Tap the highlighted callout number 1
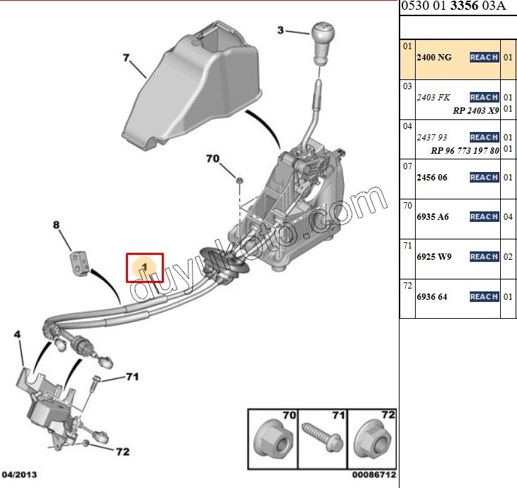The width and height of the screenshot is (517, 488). (144, 268)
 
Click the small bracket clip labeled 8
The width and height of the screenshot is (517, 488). (79, 261)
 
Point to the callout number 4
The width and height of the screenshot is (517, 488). (18, 336)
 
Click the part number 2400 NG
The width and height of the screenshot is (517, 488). (435, 57)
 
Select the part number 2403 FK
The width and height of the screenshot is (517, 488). (434, 97)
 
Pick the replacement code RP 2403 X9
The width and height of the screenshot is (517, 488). (475, 110)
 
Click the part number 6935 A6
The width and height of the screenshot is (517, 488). (433, 217)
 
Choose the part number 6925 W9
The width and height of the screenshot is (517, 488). (435, 257)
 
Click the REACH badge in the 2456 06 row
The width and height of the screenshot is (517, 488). (484, 178)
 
